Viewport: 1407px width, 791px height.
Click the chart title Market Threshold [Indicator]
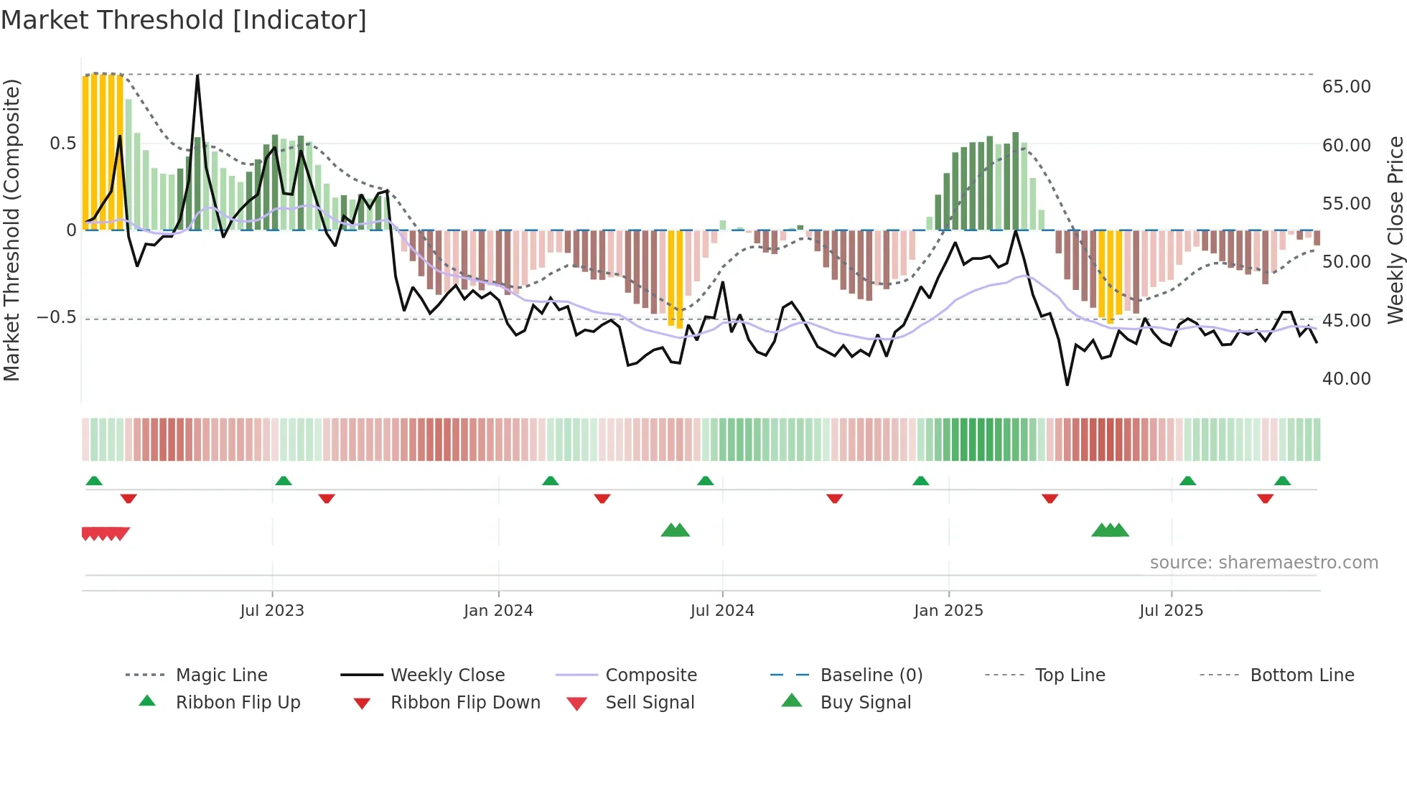pyautogui.click(x=184, y=20)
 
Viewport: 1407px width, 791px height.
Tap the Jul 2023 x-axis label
pyautogui.click(x=272, y=611)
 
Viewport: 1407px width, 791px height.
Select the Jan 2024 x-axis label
pyautogui.click(x=498, y=611)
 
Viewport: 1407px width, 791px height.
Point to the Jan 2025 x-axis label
pyautogui.click(x=948, y=611)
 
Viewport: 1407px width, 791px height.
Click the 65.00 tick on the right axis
pyautogui.click(x=1346, y=87)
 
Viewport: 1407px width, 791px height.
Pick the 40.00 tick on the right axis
pyautogui.click(x=1346, y=379)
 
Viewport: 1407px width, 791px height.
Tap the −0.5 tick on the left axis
pyautogui.click(x=56, y=318)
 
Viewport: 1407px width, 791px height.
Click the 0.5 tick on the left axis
pyautogui.click(x=62, y=144)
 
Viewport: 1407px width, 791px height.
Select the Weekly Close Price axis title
pyautogui.click(x=1395, y=230)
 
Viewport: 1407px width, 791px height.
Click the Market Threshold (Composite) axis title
pyautogui.click(x=11, y=230)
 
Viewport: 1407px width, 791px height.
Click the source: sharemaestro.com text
pyautogui.click(x=1263, y=563)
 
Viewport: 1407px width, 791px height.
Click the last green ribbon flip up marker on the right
pyautogui.click(x=1282, y=481)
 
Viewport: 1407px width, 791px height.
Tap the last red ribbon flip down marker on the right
pyautogui.click(x=1265, y=498)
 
